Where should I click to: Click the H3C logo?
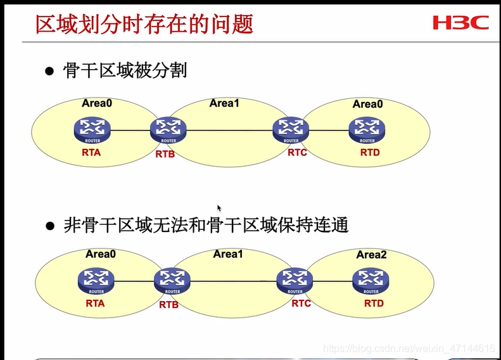(x=461, y=23)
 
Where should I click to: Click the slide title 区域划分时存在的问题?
(x=144, y=23)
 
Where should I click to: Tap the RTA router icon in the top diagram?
(x=91, y=131)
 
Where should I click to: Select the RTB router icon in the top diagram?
(x=168, y=131)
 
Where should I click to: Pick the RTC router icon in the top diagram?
(x=291, y=131)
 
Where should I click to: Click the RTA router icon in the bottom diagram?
(x=96, y=281)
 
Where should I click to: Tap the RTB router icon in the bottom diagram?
(x=172, y=281)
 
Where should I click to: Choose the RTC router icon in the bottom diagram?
(x=295, y=281)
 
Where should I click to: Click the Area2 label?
(x=371, y=255)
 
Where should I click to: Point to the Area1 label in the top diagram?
(x=224, y=103)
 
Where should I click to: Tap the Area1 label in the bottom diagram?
(x=228, y=254)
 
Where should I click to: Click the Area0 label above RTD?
(x=367, y=104)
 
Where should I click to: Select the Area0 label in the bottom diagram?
(x=101, y=254)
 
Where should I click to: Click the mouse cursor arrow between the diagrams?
(x=219, y=208)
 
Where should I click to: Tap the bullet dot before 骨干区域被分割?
(x=49, y=72)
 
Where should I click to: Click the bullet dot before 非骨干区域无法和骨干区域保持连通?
(x=49, y=226)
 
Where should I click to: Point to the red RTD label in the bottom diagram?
(x=374, y=304)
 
